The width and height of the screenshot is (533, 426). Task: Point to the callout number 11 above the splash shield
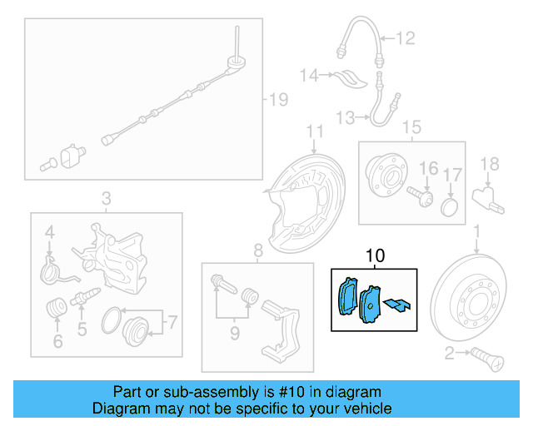pos(313,131)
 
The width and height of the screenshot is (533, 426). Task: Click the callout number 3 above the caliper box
pos(106,198)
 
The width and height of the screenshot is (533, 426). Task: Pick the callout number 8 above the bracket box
pos(257,249)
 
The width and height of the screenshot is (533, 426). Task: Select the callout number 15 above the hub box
pos(411,127)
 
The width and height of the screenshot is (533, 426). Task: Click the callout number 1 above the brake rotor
pos(476,229)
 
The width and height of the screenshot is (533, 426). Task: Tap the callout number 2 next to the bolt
pos(450,355)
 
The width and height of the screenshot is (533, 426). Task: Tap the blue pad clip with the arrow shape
pos(400,305)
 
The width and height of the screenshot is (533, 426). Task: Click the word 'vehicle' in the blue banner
pos(365,409)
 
